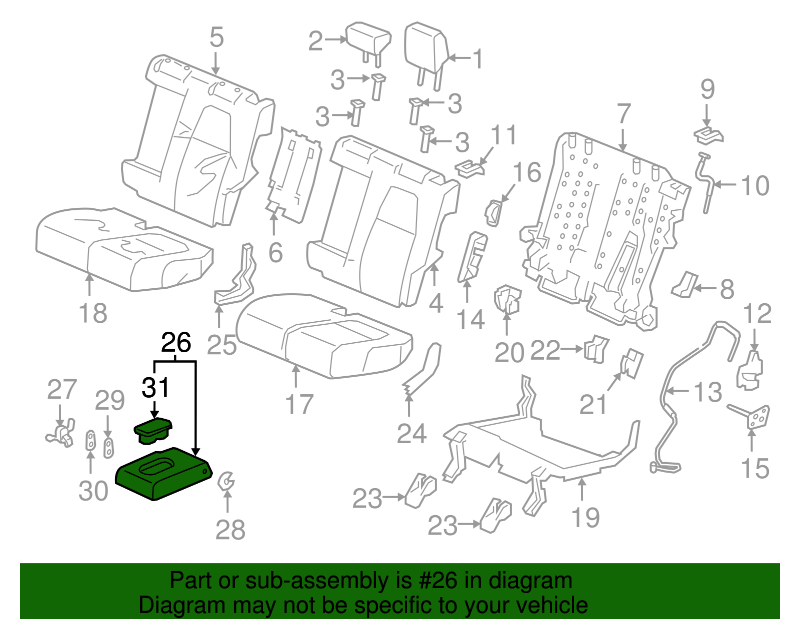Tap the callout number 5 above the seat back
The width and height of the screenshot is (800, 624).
click(216, 37)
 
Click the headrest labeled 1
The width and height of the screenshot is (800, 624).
click(425, 47)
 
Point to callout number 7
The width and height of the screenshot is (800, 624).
click(623, 114)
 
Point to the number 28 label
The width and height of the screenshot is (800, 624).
click(230, 530)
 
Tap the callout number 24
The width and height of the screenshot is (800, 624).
click(411, 434)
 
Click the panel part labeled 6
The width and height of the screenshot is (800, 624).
click(295, 175)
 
